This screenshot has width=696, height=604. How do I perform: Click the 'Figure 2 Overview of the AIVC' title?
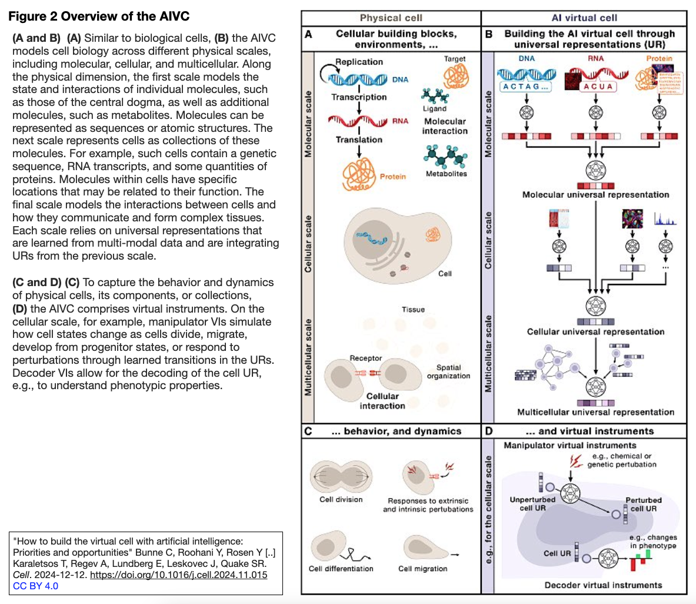click(99, 16)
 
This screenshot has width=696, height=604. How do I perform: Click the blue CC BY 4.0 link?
click(36, 586)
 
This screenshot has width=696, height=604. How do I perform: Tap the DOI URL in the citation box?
click(178, 575)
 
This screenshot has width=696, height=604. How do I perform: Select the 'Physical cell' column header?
click(391, 18)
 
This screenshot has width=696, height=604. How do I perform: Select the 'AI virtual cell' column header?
click(584, 18)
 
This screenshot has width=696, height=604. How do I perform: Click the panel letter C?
click(308, 431)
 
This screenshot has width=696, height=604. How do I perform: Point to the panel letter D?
click(489, 431)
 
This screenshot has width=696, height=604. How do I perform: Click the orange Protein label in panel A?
click(392, 177)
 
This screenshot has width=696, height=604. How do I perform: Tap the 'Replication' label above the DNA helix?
click(359, 62)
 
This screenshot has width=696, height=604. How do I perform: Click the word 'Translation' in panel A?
click(359, 140)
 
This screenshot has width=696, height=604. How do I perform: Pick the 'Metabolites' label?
click(446, 174)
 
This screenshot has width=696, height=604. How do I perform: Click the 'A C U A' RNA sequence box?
click(597, 87)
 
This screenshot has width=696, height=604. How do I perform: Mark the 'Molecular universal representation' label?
click(595, 195)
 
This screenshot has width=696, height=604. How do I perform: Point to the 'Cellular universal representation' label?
click(595, 332)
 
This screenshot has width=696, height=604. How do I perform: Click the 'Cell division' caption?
click(341, 499)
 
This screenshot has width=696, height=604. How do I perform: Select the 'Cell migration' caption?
click(422, 569)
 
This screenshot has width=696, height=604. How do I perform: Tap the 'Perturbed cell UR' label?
click(643, 505)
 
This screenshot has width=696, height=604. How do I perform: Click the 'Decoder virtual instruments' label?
click(603, 585)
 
